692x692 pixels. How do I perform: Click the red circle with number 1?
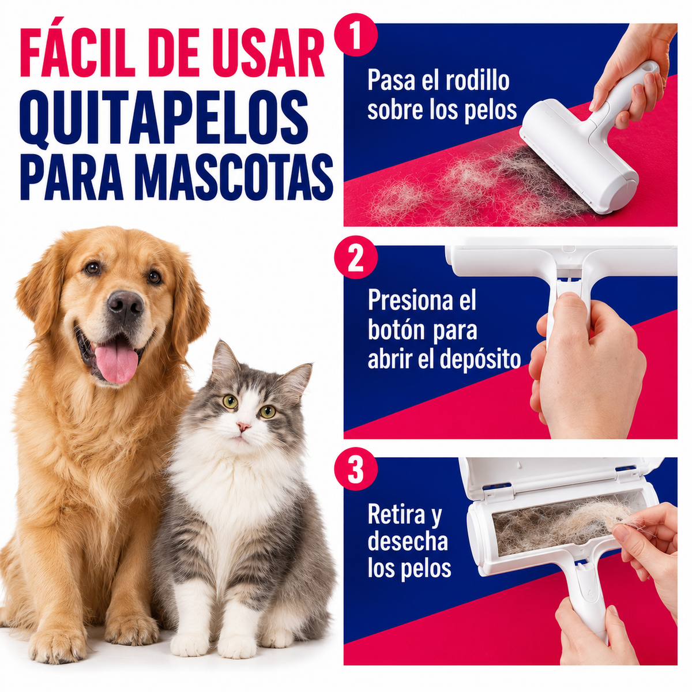coord(356,35)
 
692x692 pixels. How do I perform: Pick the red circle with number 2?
coord(356,257)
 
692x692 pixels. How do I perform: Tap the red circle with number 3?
coord(356,469)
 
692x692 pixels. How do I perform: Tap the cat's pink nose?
coord(243,426)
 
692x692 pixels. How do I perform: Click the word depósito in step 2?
coord(480,359)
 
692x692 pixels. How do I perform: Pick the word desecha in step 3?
coord(408,541)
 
